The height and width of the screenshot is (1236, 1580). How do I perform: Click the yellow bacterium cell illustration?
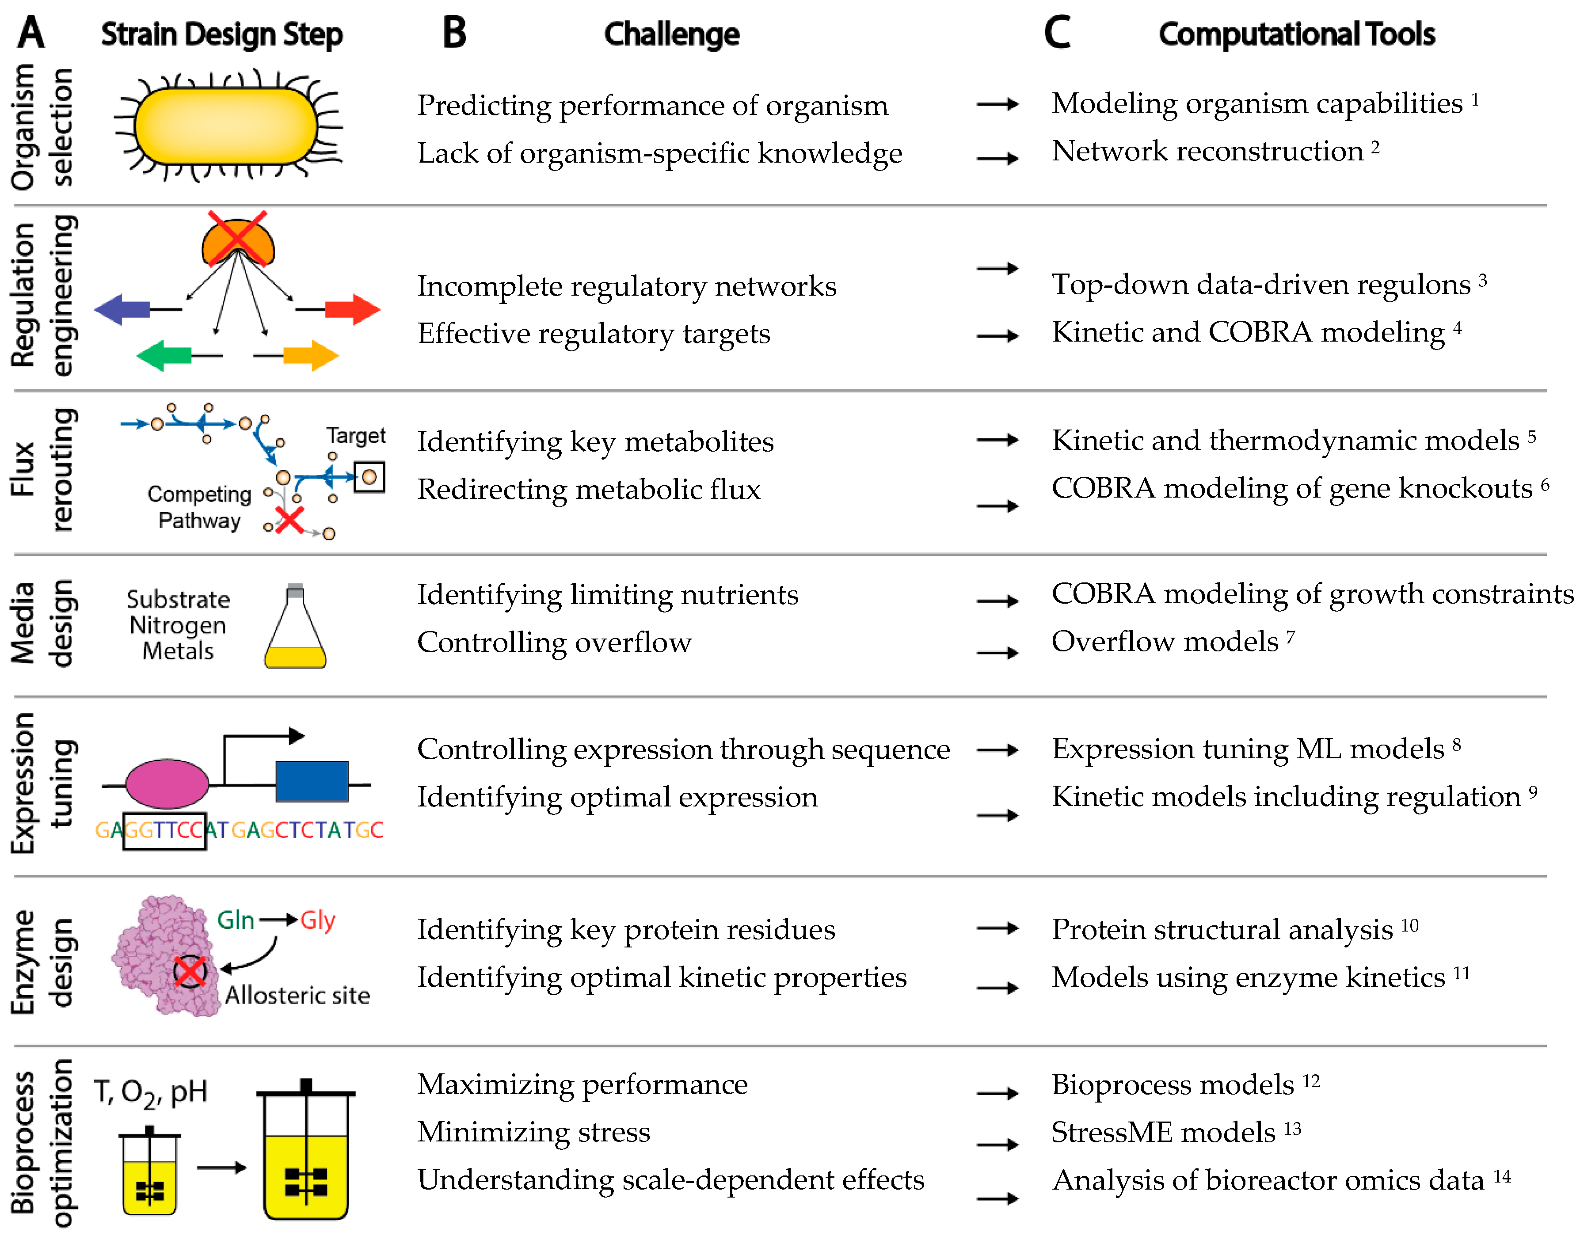226,127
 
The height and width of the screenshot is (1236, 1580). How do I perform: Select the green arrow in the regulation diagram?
164,356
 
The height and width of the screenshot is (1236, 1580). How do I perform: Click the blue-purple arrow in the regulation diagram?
122,310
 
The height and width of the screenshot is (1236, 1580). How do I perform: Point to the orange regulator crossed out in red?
238,241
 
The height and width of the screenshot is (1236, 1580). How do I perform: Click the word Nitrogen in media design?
178,624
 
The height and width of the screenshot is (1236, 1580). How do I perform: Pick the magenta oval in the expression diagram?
167,783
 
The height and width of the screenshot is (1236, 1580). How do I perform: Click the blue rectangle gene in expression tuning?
312,781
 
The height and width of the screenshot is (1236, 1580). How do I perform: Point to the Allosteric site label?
297,996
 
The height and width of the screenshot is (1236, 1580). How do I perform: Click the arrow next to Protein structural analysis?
997,928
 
